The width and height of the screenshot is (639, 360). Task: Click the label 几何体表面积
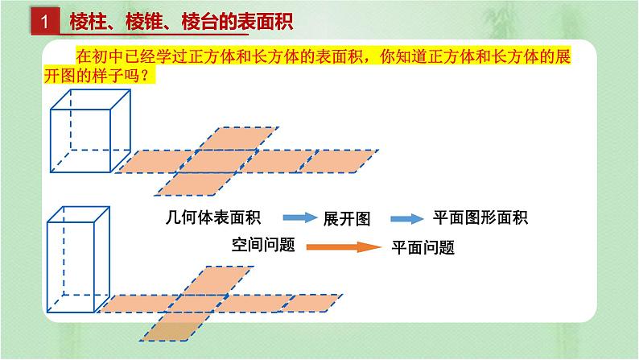pyautogui.click(x=212, y=217)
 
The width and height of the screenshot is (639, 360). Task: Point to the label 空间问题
pyautogui.click(x=263, y=244)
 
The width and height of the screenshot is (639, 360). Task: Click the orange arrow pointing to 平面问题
pyautogui.click(x=343, y=246)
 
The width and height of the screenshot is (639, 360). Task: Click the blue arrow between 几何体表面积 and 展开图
pyautogui.click(x=299, y=218)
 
